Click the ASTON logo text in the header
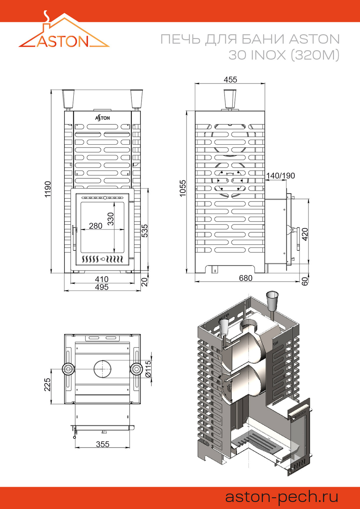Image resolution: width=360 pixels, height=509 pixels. click(x=63, y=41)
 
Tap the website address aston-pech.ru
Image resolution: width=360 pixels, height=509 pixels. click(x=282, y=497)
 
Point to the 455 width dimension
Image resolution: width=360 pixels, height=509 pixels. click(x=230, y=79)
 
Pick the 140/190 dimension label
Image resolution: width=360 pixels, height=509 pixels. click(x=280, y=176)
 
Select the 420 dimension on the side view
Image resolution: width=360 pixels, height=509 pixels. click(x=305, y=234)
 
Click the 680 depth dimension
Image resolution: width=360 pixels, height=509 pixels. click(x=246, y=278)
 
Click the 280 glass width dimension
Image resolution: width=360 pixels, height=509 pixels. click(x=95, y=226)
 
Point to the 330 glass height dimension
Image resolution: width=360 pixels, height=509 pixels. click(x=111, y=219)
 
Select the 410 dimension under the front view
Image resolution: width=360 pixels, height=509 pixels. click(x=102, y=279)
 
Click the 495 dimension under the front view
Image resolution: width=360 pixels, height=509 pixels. click(x=102, y=287)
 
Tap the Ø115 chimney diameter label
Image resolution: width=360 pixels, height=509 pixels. click(x=148, y=369)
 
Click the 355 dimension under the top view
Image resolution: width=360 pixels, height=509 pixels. click(x=103, y=444)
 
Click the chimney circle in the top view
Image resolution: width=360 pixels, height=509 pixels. click(x=103, y=369)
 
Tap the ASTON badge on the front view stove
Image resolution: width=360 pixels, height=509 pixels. click(x=103, y=118)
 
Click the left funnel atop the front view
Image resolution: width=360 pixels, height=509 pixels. click(x=68, y=98)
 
